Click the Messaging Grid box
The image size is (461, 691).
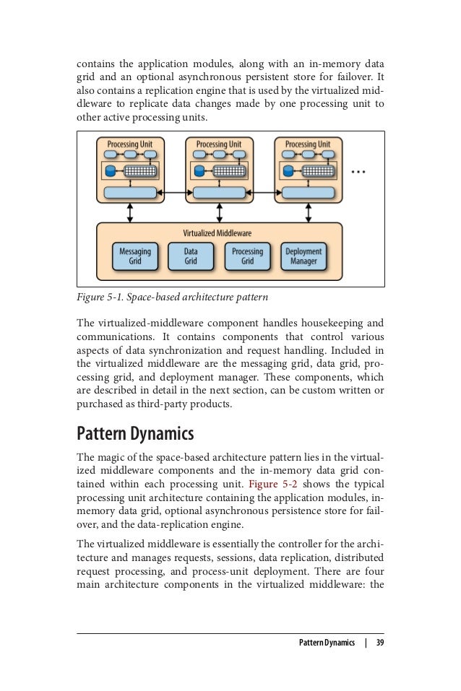click(135, 256)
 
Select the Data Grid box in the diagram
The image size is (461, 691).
click(191, 256)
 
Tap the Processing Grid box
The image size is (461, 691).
click(247, 256)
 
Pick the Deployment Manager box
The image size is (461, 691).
click(303, 256)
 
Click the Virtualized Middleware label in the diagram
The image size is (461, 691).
click(217, 233)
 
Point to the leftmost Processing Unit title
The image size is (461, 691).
click(130, 144)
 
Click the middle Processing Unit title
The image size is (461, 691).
click(219, 144)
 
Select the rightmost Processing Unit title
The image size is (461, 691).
click(308, 144)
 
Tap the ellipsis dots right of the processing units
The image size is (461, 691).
click(359, 172)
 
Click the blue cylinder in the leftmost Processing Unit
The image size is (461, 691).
click(111, 171)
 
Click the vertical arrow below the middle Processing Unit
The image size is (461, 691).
click(219, 212)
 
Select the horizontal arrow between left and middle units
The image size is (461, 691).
click(175, 193)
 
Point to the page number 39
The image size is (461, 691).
click(380, 643)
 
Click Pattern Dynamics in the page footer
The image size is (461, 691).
click(327, 643)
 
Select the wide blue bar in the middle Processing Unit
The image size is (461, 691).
click(219, 193)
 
